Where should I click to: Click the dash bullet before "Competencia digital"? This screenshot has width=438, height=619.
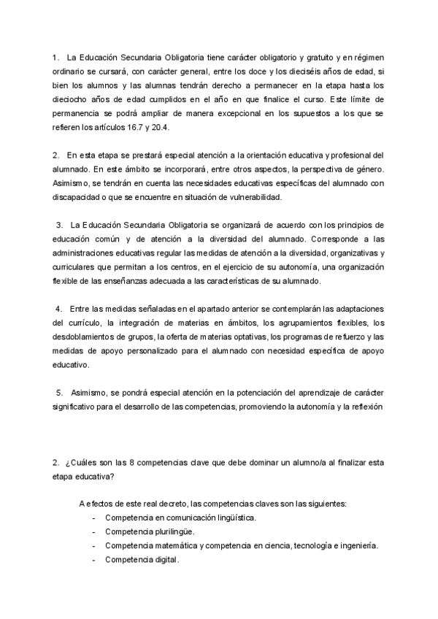[96, 559]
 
